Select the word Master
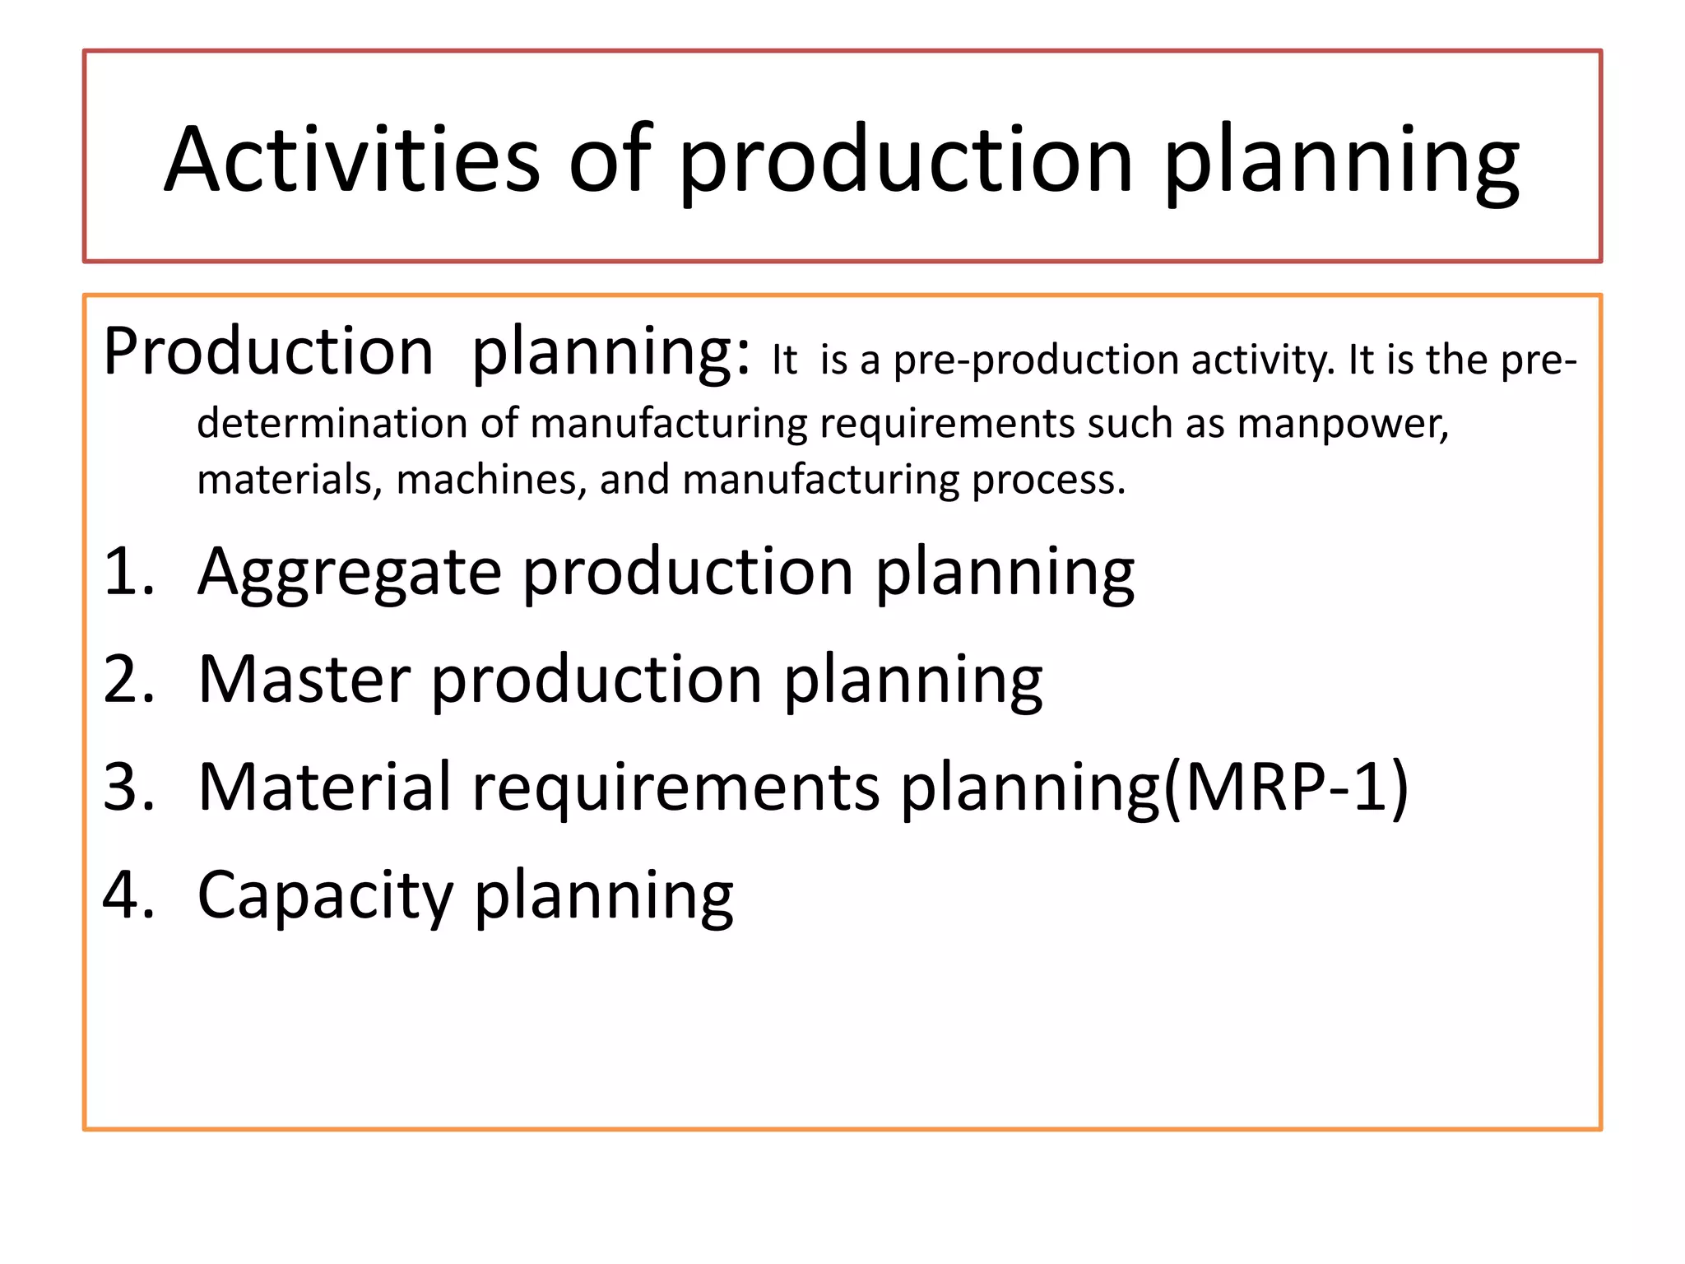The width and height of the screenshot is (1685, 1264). coord(304,680)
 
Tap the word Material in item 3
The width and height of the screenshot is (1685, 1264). coord(324,788)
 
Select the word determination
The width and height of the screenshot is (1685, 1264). coord(332,425)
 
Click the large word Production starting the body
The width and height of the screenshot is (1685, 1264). coord(268,352)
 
